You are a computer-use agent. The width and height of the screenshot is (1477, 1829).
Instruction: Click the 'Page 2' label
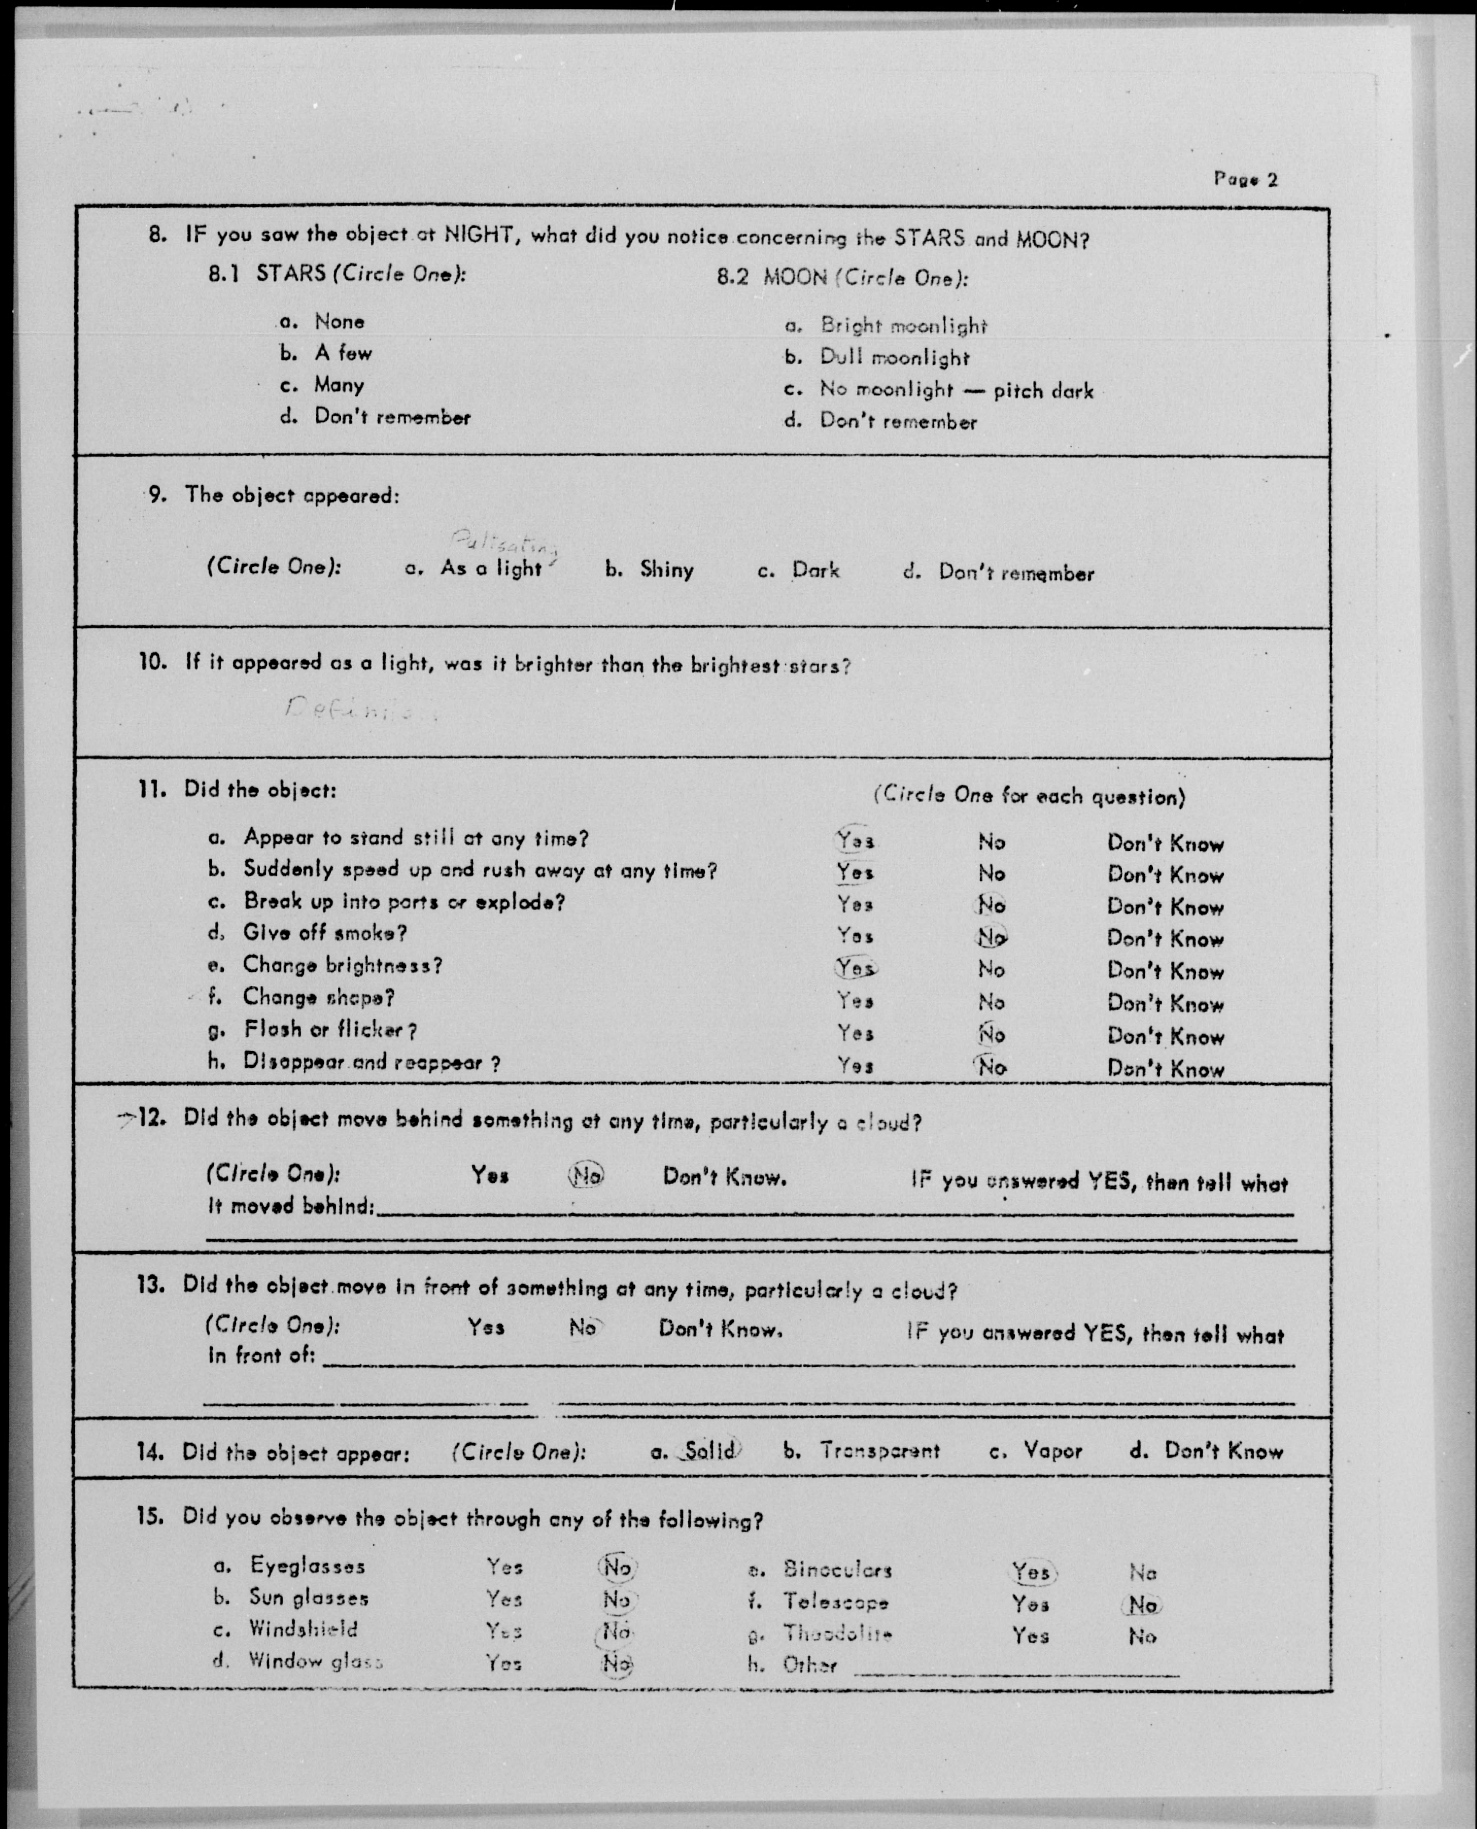click(1245, 179)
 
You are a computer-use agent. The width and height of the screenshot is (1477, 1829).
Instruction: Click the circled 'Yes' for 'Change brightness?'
click(855, 968)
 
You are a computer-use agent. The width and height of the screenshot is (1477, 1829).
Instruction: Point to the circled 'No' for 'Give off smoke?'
click(991, 936)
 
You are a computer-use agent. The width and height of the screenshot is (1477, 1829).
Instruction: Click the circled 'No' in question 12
click(586, 1176)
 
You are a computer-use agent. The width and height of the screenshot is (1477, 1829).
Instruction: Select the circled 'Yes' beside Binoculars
click(1031, 1571)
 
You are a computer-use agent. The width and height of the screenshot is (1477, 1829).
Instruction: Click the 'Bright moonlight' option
click(903, 325)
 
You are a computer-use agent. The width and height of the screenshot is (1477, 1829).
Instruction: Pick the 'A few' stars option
click(343, 352)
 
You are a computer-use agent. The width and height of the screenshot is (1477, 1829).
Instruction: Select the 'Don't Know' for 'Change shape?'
click(1165, 1004)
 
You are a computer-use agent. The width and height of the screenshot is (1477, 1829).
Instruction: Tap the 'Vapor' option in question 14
click(1053, 1450)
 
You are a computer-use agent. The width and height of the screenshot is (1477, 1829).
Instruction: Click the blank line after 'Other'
click(1016, 1671)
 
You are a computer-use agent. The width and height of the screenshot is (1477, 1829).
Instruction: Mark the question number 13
click(150, 1285)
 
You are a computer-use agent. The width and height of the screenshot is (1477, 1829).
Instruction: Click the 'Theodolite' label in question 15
click(837, 1633)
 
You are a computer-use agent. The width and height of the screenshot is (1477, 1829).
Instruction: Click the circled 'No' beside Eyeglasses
click(617, 1567)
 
